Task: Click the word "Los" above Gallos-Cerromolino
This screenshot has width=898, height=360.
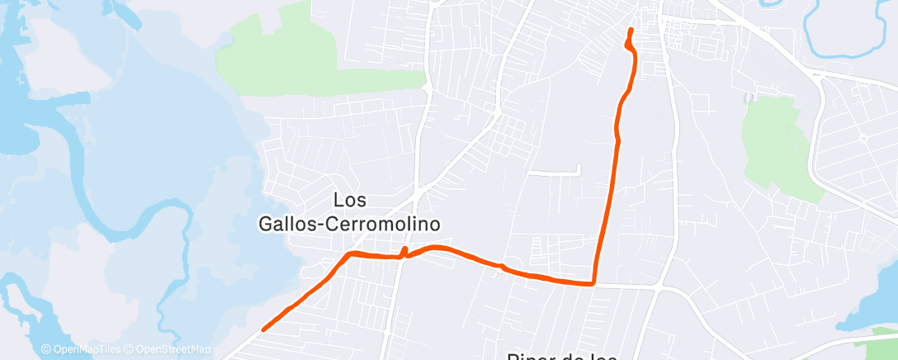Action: (x=351, y=200)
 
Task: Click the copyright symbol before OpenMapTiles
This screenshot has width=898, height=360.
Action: (x=46, y=349)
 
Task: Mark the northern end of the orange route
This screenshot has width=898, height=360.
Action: (x=631, y=31)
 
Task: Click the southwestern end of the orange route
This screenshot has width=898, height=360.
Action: (x=263, y=329)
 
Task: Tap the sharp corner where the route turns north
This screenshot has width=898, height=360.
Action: (x=593, y=284)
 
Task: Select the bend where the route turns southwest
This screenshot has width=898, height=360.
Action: (x=351, y=253)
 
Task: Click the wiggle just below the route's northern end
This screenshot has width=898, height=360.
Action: (x=631, y=48)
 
